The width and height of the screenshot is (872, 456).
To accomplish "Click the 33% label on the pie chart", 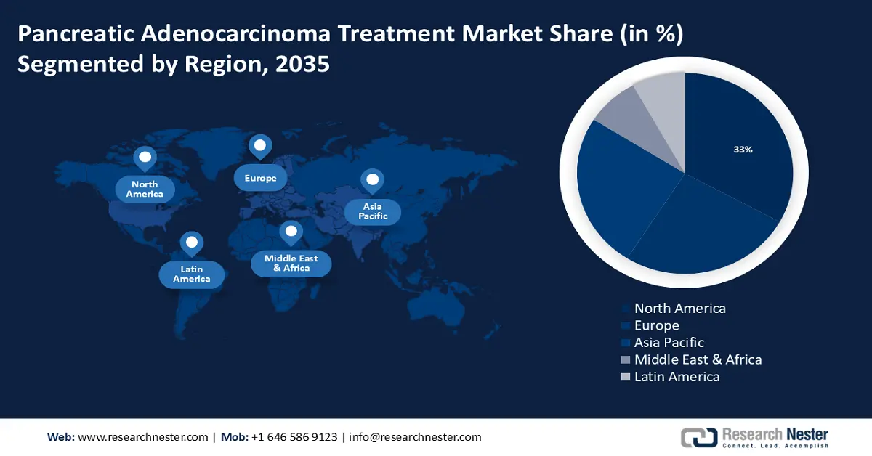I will click(743, 150).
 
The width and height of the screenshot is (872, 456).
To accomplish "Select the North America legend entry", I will click(679, 308).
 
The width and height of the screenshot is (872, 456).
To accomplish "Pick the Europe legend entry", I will click(656, 325).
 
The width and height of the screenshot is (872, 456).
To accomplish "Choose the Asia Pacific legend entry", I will click(669, 342).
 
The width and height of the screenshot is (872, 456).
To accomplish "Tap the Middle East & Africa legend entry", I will click(698, 359).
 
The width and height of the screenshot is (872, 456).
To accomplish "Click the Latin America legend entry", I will click(677, 376).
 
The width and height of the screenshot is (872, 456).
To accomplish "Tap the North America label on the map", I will click(145, 190).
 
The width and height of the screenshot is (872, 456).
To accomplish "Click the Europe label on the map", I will click(260, 178).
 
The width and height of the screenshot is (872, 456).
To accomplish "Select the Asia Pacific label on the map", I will click(372, 211).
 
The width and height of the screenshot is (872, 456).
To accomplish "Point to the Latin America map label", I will click(192, 274).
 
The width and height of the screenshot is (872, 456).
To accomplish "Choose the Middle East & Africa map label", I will click(291, 263).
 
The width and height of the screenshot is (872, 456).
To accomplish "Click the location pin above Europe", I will click(260, 146).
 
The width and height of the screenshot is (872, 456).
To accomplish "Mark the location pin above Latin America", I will click(191, 243).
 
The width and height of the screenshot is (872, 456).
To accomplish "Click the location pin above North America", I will click(145, 158).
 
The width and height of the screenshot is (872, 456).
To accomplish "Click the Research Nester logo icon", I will click(698, 437).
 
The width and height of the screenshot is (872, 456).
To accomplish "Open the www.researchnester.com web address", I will click(142, 437).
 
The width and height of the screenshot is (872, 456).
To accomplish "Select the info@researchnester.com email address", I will click(415, 437).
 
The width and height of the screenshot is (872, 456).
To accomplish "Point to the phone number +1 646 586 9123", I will click(294, 437).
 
